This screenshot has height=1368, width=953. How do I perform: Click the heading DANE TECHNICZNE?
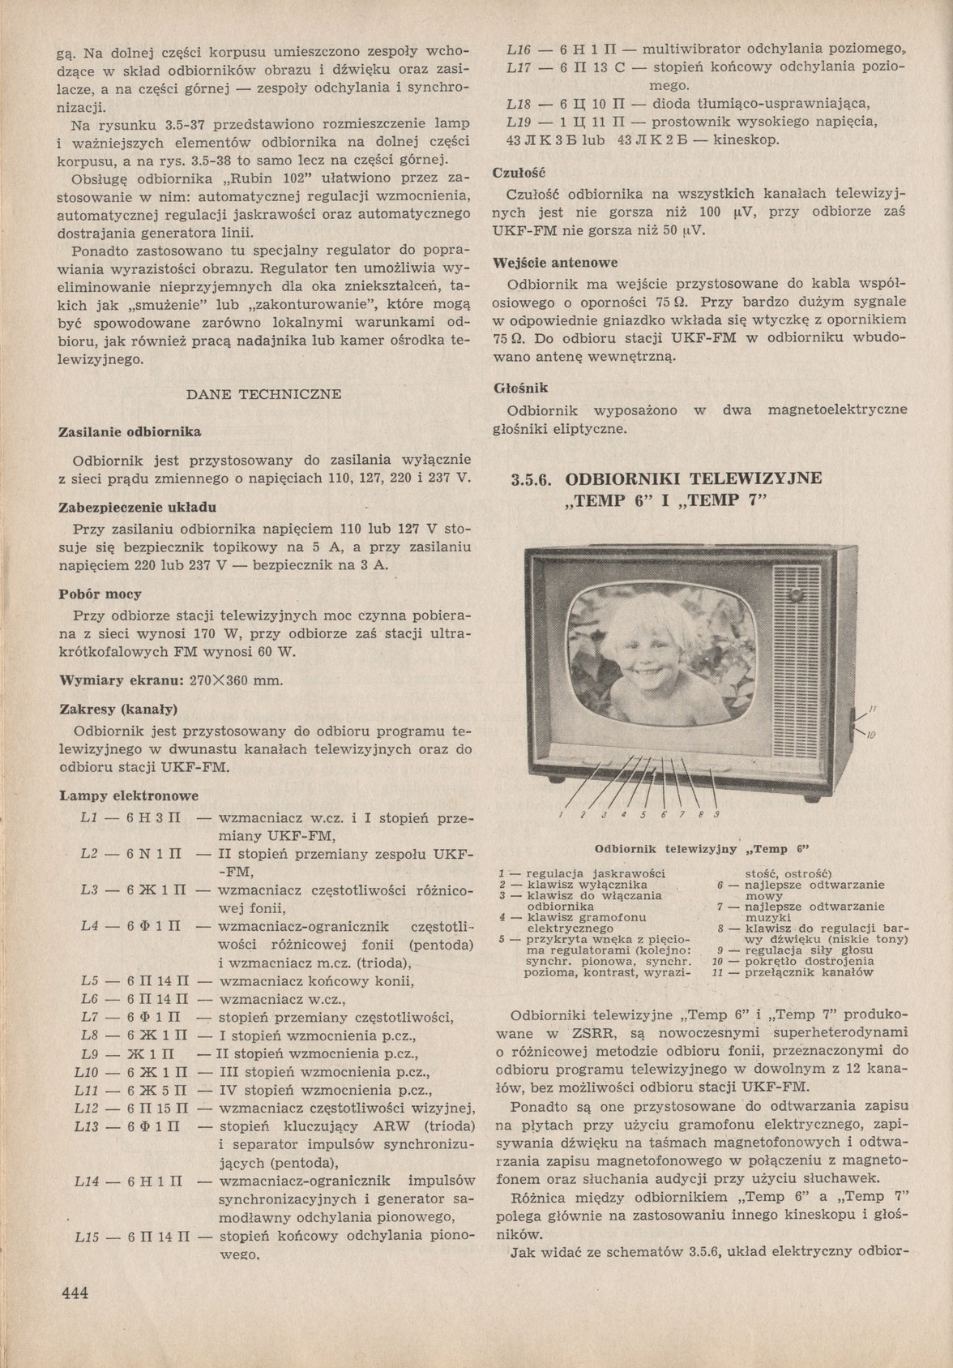tap(263, 394)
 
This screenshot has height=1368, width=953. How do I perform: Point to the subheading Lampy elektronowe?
tap(130, 795)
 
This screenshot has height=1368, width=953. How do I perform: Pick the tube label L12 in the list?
tap(86, 1109)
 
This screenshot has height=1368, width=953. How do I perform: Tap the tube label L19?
tap(519, 122)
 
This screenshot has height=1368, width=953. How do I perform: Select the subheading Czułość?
tap(519, 173)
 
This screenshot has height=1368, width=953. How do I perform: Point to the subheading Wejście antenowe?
tap(555, 263)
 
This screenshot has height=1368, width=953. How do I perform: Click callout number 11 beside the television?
tap(872, 710)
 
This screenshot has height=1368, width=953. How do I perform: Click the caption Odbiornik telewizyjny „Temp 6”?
tap(703, 849)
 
